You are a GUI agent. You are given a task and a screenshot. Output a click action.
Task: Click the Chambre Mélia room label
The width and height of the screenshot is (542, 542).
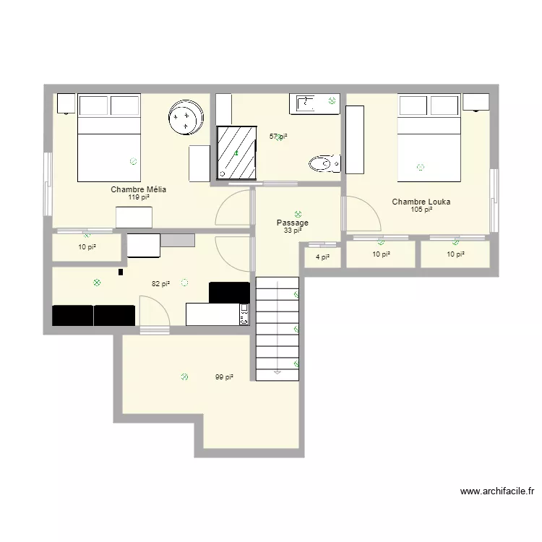pos(138,189)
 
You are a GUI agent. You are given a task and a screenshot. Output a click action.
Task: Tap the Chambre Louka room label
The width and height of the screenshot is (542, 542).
pos(421,202)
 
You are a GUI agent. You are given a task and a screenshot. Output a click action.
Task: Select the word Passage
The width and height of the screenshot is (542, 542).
pos(293,223)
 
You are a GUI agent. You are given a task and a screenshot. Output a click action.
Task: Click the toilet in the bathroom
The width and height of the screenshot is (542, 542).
pos(324,163)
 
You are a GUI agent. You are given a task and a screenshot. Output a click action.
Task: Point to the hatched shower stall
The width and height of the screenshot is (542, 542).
pos(236,152)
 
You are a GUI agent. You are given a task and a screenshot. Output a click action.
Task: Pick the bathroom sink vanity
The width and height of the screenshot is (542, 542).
pos(314,103)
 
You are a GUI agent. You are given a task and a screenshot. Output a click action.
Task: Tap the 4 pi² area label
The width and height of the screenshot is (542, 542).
pos(322,257)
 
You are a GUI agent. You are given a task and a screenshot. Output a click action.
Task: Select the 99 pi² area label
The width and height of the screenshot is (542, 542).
pos(224,377)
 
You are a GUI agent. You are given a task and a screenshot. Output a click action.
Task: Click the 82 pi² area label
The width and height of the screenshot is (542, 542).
pos(160,284)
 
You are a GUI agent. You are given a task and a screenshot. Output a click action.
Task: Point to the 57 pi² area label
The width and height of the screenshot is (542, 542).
pos(278,137)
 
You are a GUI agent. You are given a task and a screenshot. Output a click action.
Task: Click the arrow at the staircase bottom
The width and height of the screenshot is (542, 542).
pos(278,372)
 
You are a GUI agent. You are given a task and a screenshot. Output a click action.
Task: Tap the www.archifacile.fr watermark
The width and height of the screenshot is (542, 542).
pos(497,491)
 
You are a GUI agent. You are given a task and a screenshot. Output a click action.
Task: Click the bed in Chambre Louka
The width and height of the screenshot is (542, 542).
pos(429,137)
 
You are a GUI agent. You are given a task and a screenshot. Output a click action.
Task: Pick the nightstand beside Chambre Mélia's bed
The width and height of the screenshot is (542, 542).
pos(66,103)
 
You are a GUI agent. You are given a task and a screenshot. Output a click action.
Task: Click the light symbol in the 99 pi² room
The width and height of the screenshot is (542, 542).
pos(184,377)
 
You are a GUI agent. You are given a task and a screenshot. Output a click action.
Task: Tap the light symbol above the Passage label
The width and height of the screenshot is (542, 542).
pos(298,215)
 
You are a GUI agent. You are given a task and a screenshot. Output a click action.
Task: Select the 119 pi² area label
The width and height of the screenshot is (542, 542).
pos(139,197)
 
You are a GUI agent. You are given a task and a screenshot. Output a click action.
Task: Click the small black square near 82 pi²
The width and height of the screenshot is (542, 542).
pos(121,272)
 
